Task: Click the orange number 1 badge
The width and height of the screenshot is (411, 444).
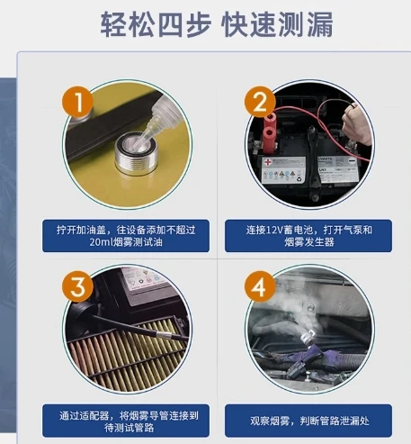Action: [77, 102]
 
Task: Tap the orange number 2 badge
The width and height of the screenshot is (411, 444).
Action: [260, 102]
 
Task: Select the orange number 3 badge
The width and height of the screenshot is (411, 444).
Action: [77, 286]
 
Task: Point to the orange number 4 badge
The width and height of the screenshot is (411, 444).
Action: [260, 286]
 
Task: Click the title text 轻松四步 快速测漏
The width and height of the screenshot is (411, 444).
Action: [217, 24]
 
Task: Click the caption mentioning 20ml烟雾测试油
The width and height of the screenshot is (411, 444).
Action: [126, 236]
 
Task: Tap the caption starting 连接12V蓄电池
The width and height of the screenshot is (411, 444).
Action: [308, 236]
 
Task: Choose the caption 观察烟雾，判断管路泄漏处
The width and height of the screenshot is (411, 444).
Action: [308, 421]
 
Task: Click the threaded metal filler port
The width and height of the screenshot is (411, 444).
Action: [136, 154]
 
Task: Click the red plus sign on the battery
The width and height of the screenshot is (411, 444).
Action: [267, 163]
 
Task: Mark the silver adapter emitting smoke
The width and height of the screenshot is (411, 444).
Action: [308, 337]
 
